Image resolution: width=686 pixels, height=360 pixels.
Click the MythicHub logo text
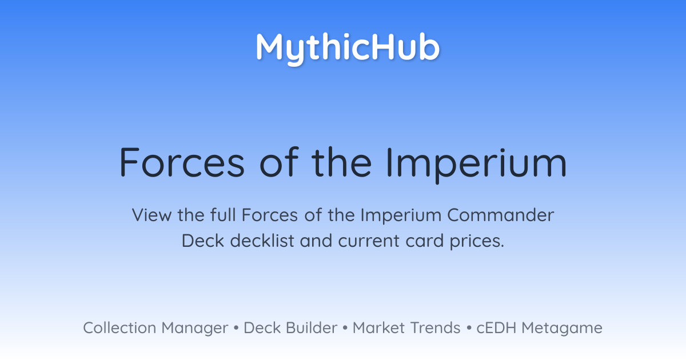[348, 49]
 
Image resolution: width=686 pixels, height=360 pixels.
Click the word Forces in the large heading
[182, 162]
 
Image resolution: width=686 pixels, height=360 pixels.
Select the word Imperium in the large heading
[476, 165]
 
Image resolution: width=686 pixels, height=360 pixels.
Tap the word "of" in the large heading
[279, 162]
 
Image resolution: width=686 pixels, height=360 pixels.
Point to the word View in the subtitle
[151, 215]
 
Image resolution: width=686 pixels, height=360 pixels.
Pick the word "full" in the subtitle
[223, 215]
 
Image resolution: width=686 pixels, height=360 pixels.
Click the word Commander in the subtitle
[500, 215]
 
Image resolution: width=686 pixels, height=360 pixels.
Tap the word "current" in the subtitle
[369, 241]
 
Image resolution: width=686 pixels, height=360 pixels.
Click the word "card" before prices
[424, 241]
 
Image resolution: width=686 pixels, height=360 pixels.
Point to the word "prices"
[477, 242]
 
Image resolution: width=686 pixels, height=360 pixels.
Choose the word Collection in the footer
[119, 328]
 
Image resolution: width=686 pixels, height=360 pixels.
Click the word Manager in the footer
[195, 329]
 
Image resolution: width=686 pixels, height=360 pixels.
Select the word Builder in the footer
[312, 328]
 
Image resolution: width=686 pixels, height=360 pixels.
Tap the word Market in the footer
[379, 328]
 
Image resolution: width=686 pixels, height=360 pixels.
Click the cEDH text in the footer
[496, 328]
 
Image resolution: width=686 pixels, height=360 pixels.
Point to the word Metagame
[562, 329]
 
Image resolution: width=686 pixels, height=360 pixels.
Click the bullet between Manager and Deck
[236, 328]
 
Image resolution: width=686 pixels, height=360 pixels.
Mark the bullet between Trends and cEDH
[469, 328]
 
